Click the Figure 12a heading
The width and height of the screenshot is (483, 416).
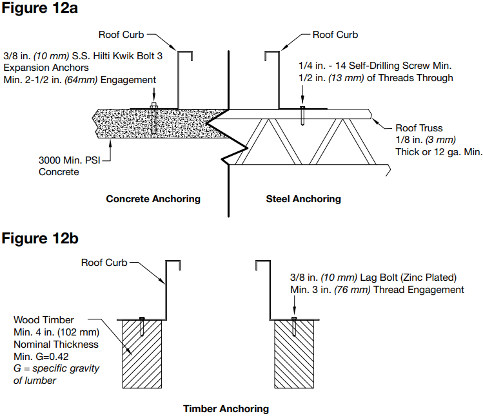click(40, 8)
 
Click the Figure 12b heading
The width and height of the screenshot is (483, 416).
click(40, 238)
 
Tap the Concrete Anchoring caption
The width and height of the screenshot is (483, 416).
click(153, 199)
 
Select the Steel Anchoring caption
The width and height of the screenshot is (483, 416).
click(304, 199)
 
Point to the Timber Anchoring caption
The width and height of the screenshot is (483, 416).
click(226, 409)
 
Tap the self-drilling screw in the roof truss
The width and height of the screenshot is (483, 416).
click(302, 116)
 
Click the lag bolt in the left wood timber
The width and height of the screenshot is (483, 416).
click(142, 326)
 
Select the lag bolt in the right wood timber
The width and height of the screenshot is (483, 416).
click(294, 326)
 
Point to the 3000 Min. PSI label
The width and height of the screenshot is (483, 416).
click(69, 160)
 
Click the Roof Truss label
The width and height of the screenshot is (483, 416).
click(419, 128)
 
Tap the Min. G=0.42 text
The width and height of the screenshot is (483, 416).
click(41, 357)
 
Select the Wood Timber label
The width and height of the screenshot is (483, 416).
click(44, 320)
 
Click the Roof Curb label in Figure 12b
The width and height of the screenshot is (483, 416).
click(104, 263)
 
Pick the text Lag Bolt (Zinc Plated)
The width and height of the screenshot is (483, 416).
click(408, 278)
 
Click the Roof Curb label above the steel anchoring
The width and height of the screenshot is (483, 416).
click(335, 35)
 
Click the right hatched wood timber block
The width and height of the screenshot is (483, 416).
click(294, 354)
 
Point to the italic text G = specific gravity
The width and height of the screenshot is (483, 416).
click(56, 368)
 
